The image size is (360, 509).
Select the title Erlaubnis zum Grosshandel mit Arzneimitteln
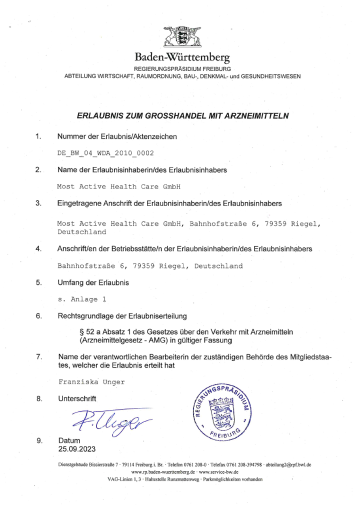(x=183, y=115)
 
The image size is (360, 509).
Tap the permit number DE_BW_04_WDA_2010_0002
(x=105, y=153)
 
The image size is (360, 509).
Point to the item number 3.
(x=38, y=203)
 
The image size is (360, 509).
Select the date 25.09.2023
(x=76, y=448)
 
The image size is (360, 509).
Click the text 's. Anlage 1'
(x=82, y=299)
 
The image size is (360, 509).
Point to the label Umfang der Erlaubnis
(x=93, y=283)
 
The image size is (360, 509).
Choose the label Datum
(x=69, y=440)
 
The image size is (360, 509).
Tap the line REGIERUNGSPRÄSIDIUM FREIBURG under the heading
(x=182, y=68)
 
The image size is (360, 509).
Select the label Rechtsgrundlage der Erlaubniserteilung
(x=122, y=316)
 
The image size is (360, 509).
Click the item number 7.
(x=38, y=357)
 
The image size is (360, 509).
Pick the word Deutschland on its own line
(x=82, y=232)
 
